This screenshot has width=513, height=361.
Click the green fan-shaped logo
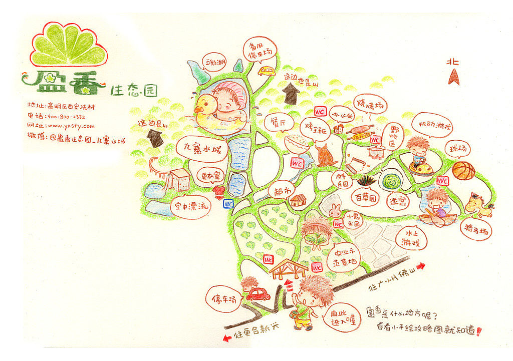pos(69,46)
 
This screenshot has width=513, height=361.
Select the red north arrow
pos(454,77)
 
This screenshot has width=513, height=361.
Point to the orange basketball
pos(463,170)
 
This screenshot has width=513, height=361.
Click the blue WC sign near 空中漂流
pos(228,204)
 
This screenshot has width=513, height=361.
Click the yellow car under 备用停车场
pos(267,71)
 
